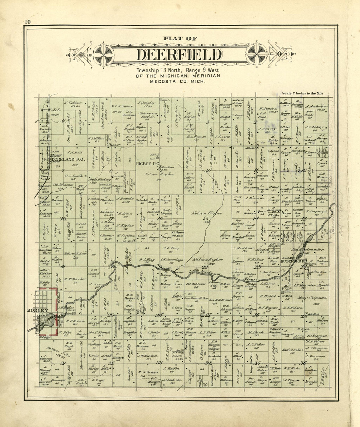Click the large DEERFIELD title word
tap(179, 55)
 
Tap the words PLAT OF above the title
tap(180, 39)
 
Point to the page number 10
tap(27, 22)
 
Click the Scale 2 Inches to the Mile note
tap(302, 93)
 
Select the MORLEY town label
tap(38, 310)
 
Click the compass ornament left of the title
tap(103, 55)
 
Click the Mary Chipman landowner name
tap(308, 298)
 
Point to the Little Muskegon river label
tap(200, 272)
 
